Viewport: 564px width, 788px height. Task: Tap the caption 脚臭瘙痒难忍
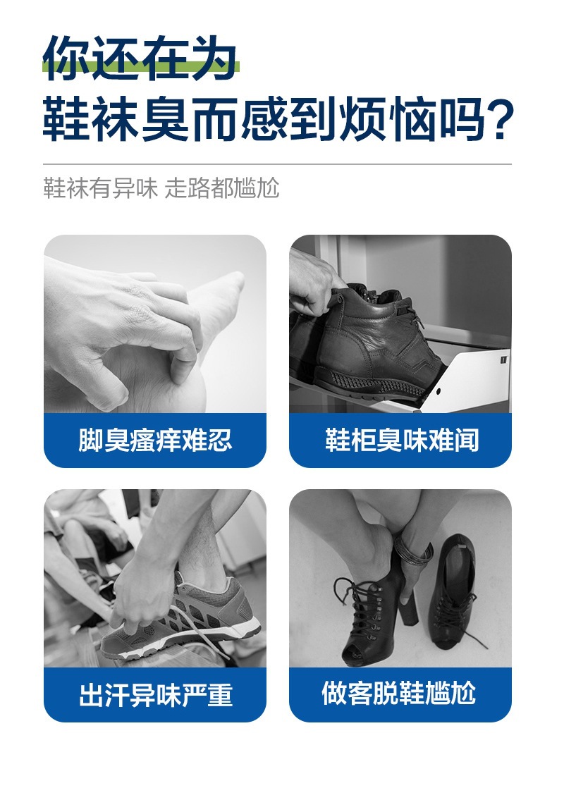pyautogui.click(x=155, y=441)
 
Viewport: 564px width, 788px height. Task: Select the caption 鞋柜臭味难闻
pyautogui.click(x=401, y=441)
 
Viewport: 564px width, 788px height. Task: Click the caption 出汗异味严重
pyautogui.click(x=155, y=694)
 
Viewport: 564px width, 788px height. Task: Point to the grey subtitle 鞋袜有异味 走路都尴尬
pyautogui.click(x=161, y=189)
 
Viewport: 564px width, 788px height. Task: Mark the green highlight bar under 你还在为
pyautogui.click(x=141, y=69)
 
